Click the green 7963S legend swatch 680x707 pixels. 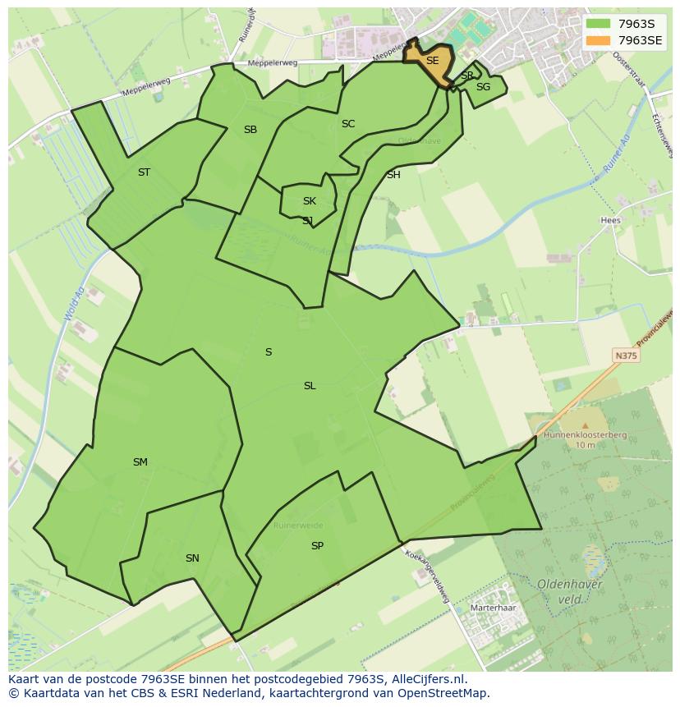pyautogui.click(x=598, y=24)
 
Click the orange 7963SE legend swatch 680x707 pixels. pyautogui.click(x=598, y=39)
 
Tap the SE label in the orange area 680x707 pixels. pyautogui.click(x=432, y=61)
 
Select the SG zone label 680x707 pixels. pyautogui.click(x=483, y=87)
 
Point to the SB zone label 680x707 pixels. pyautogui.click(x=250, y=130)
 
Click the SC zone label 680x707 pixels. pyautogui.click(x=348, y=124)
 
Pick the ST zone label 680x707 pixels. pyautogui.click(x=144, y=172)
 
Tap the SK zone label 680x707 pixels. pyautogui.click(x=309, y=201)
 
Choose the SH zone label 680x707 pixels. pyautogui.click(x=393, y=175)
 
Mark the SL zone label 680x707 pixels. pyautogui.click(x=310, y=386)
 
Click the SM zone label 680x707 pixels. pyautogui.click(x=140, y=462)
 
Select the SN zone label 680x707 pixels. pyautogui.click(x=192, y=558)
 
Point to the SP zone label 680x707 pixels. pyautogui.click(x=317, y=546)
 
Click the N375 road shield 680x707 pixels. pyautogui.click(x=626, y=356)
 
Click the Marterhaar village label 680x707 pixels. pyautogui.click(x=493, y=608)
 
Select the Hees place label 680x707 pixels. pyautogui.click(x=610, y=220)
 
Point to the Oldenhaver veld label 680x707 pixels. pyautogui.click(x=570, y=591)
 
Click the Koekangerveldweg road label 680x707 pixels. pyautogui.click(x=429, y=576)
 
